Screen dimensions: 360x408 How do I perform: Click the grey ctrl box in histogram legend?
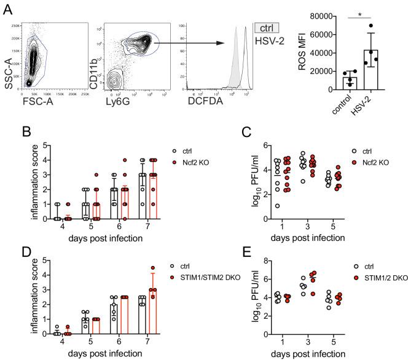coord(268,28)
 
